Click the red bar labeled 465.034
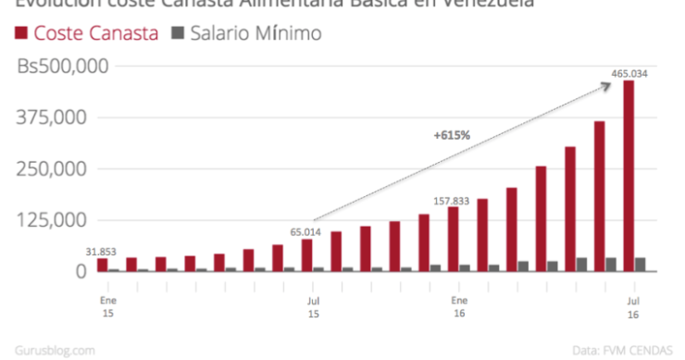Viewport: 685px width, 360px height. pyautogui.click(x=629, y=176)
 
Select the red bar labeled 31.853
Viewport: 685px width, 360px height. pyautogui.click(x=102, y=265)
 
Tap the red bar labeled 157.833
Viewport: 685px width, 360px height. pyautogui.click(x=453, y=239)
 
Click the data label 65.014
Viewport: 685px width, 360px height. pyautogui.click(x=305, y=231)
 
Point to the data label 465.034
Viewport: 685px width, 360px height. pyautogui.click(x=629, y=73)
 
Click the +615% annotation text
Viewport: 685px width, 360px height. pyautogui.click(x=452, y=135)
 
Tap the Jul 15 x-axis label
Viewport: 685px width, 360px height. pyautogui.click(x=312, y=307)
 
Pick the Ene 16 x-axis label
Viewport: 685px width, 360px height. pyautogui.click(x=458, y=307)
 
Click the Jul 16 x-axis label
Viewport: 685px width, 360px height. pyautogui.click(x=633, y=307)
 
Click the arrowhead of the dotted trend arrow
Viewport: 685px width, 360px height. pyautogui.click(x=609, y=85)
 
